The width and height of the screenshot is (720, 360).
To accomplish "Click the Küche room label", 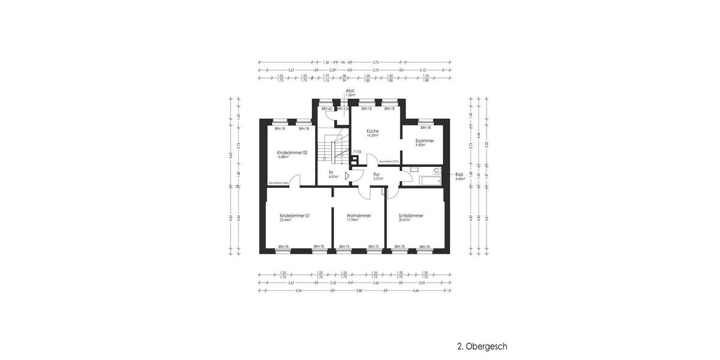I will tap(373, 131).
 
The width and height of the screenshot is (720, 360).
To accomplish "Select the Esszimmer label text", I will tap(425, 140).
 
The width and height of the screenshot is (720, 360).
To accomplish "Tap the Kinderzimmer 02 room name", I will tap(292, 153).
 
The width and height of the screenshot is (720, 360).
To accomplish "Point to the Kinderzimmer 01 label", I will tap(295, 215).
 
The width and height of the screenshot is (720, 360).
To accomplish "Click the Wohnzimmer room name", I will tap(359, 215).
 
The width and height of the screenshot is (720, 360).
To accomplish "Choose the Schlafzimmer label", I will tap(411, 215).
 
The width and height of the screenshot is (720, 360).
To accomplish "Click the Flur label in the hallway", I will tap(377, 174).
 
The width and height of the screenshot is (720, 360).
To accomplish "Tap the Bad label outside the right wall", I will tap(460, 174).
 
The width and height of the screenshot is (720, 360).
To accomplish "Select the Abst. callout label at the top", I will tap(350, 91).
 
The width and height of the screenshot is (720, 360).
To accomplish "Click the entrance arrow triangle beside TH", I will tap(347, 176).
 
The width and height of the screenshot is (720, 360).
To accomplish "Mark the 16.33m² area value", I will tap(373, 136).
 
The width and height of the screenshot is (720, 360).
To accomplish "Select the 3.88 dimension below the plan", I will tap(359, 290).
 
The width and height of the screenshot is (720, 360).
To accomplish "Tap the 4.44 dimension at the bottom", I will tap(415, 290).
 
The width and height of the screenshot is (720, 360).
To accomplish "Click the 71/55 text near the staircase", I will tap(357, 152).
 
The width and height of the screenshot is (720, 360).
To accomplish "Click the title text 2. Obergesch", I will tap(482, 346).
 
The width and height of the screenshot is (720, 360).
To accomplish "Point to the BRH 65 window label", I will tap(326, 109).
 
